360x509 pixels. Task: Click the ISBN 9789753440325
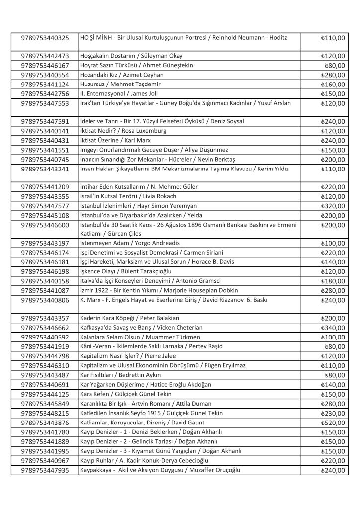tap(45, 38)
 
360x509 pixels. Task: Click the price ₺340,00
tap(333, 328)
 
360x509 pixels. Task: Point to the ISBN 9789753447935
tap(45, 470)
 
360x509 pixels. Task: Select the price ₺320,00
tap(333, 206)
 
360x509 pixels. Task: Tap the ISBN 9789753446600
tap(45, 225)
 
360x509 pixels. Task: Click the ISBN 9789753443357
tap(45, 318)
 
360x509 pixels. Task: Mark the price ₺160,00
tap(333, 84)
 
